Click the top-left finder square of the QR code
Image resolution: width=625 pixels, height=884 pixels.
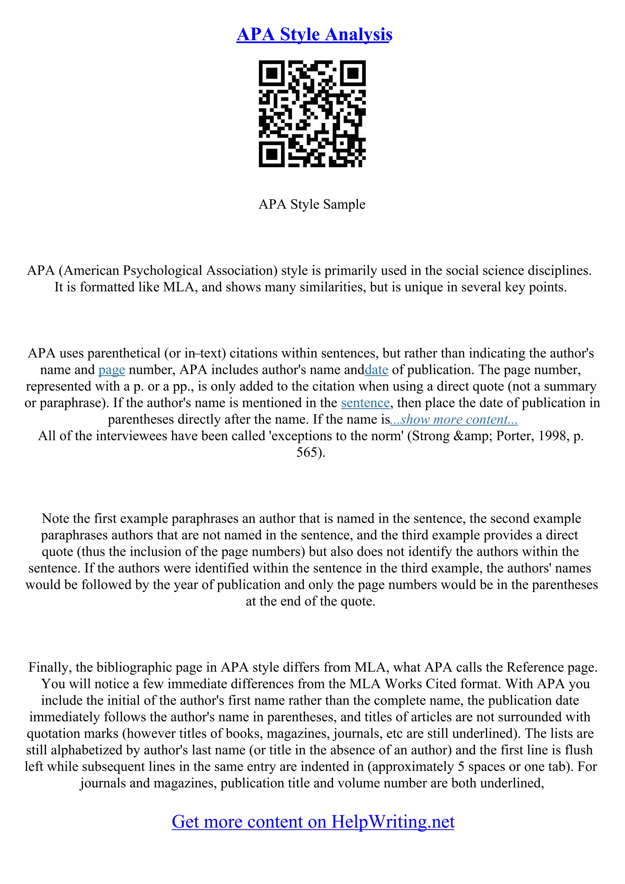[272, 73]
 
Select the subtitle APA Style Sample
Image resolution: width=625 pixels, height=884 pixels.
[312, 204]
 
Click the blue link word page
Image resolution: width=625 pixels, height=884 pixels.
[112, 370]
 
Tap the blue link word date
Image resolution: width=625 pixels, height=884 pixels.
[376, 370]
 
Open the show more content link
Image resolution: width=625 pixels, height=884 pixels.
[453, 420]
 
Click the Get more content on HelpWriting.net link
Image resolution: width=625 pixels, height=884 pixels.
[313, 822]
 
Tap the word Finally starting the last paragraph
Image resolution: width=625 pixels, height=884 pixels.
[50, 667]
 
